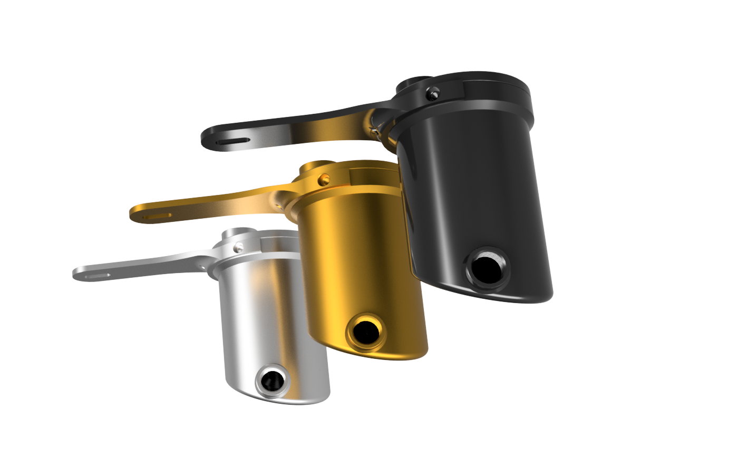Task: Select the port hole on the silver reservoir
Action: click(273, 379)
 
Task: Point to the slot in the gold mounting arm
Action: click(157, 216)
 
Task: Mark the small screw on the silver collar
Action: click(240, 246)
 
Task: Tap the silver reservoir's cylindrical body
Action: click(264, 316)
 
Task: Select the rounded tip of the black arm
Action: click(207, 140)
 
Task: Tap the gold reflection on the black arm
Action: click(337, 129)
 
